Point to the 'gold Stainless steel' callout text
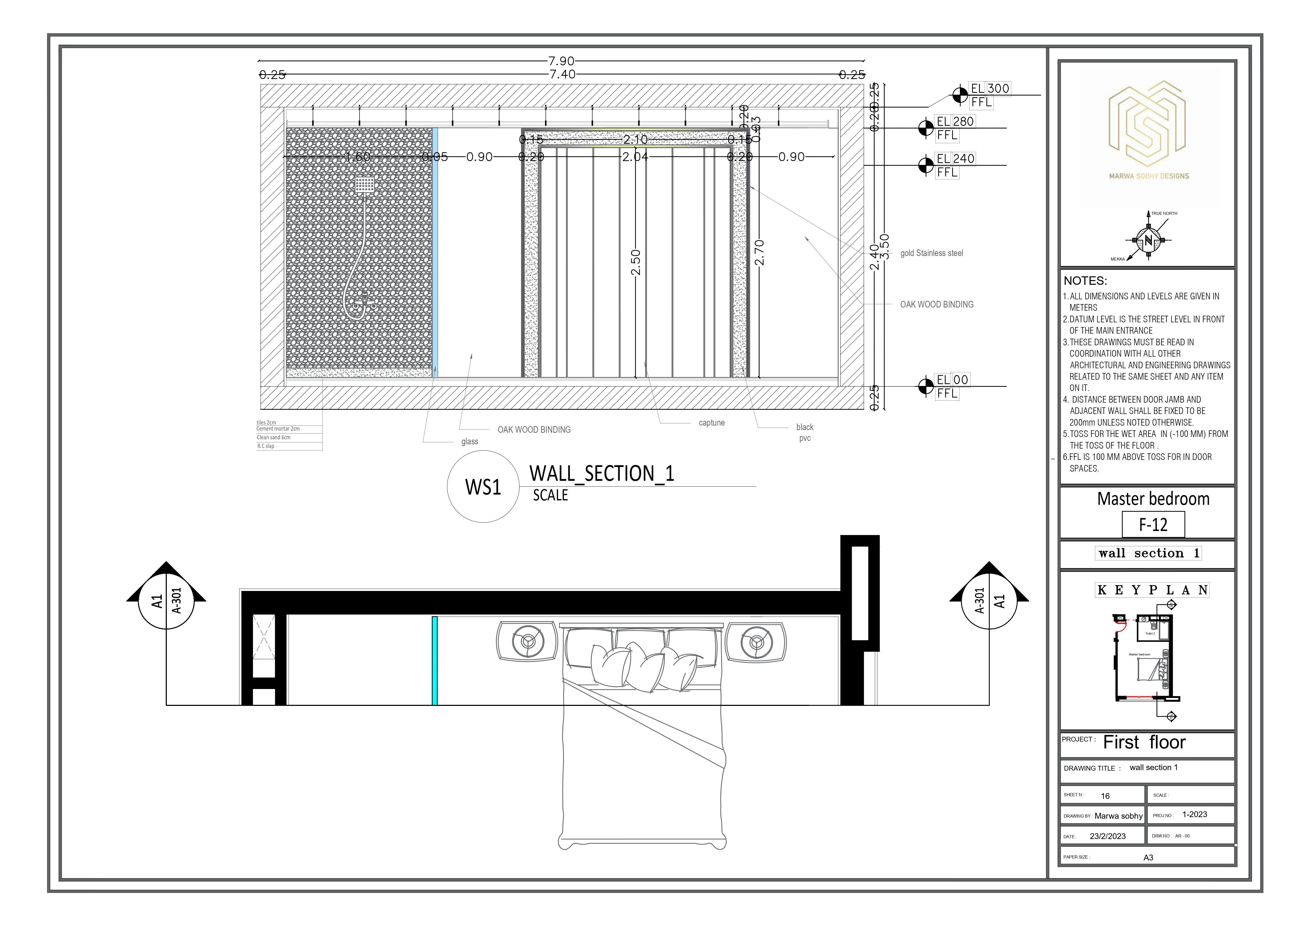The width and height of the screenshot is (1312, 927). point(931,253)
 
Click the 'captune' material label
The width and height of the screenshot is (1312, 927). point(711,423)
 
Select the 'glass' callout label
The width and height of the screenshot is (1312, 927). point(470,441)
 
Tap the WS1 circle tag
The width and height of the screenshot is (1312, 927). point(483,487)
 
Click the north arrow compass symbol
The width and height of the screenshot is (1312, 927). point(1148,240)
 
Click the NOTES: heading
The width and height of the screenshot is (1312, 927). point(1085,281)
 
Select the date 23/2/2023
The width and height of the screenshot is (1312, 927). point(1107,836)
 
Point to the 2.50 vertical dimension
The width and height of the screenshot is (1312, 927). point(636,262)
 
